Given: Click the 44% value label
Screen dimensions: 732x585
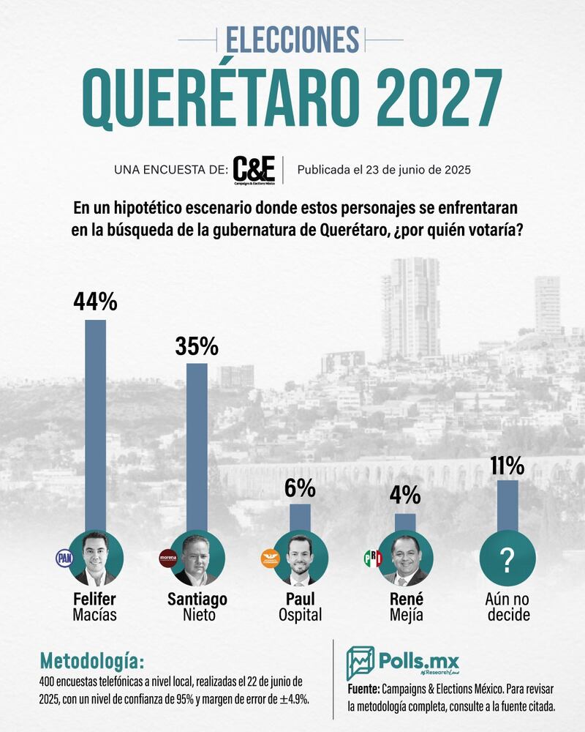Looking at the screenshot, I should [x=95, y=302].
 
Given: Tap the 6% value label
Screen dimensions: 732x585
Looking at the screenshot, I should [x=300, y=488].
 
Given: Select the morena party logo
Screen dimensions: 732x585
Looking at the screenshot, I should [x=168, y=559].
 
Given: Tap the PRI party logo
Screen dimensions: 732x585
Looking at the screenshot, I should [x=373, y=559].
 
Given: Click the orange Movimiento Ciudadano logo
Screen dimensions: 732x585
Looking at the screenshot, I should [x=271, y=559].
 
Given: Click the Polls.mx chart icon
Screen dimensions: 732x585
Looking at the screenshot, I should [x=361, y=662].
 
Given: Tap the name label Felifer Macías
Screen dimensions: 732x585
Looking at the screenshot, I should [x=95, y=607].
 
